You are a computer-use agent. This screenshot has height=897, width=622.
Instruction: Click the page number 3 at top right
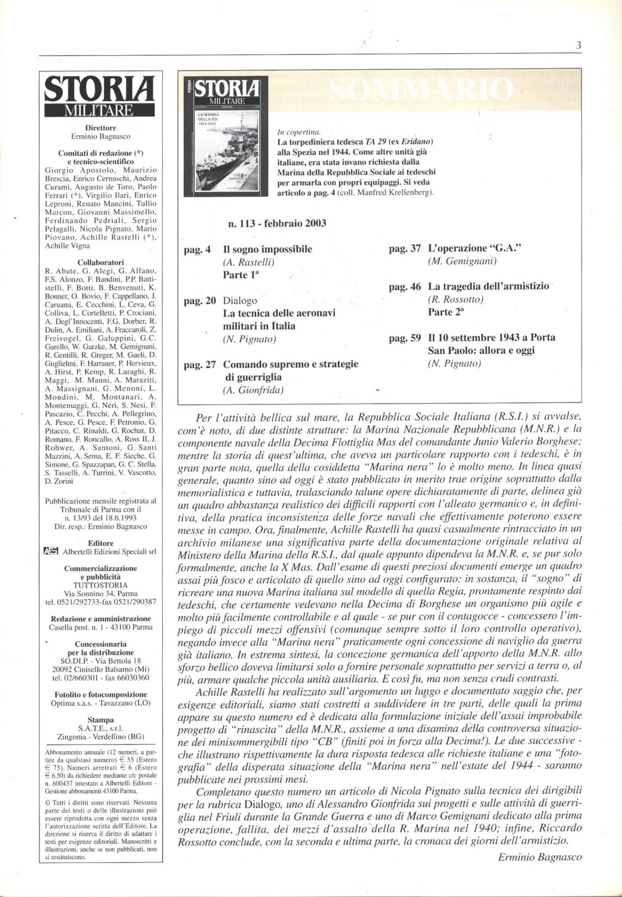578,45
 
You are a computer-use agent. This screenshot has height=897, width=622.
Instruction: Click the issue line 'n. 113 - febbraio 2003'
277,224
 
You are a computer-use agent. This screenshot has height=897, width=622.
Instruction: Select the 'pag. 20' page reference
199,301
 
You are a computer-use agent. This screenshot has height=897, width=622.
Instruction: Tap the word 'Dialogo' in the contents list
240,301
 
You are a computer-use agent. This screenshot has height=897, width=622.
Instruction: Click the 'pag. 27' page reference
199,364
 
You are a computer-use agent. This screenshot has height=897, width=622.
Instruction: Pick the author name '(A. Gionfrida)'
253,390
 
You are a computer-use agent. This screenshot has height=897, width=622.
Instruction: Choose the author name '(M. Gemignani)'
462,261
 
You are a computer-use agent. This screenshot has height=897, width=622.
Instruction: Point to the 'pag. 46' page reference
405,287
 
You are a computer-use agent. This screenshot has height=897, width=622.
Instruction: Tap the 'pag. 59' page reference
405,338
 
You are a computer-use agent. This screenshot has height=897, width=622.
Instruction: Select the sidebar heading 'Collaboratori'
100,262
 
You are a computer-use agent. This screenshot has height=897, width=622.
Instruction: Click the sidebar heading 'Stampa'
100,720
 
